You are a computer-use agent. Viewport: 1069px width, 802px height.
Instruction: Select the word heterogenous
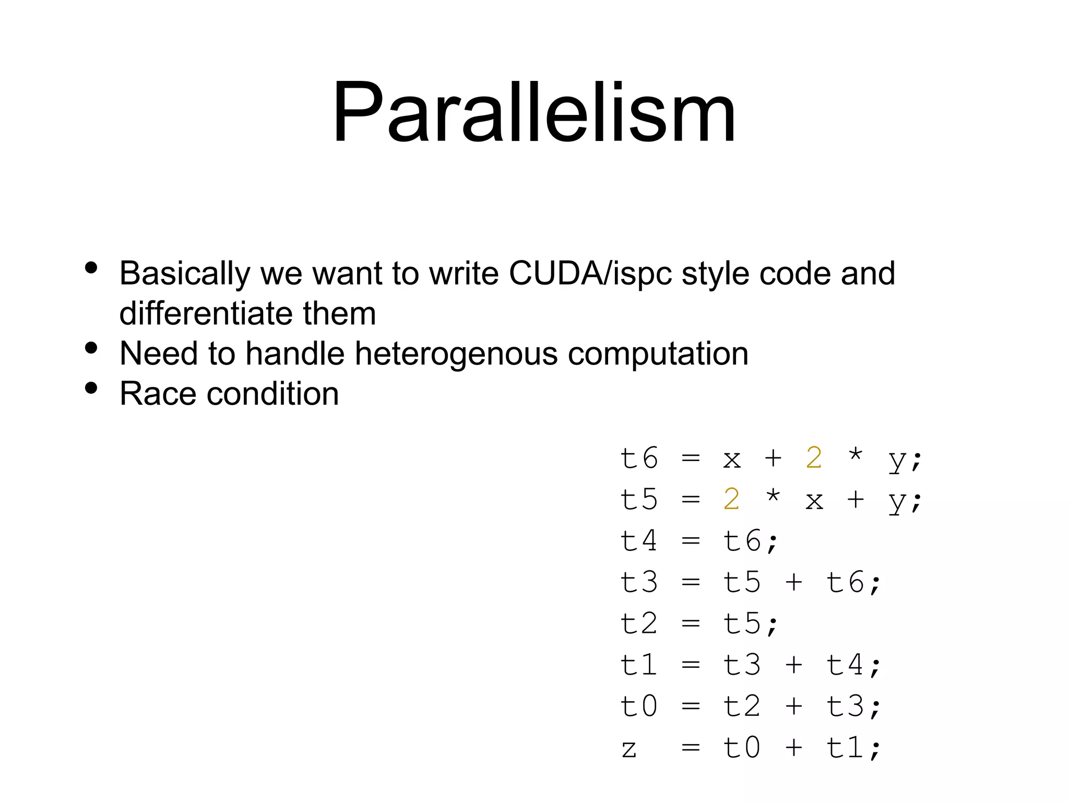tap(456, 354)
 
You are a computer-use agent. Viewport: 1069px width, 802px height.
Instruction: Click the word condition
tap(272, 394)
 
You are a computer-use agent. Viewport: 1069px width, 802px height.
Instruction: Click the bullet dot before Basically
tap(91, 268)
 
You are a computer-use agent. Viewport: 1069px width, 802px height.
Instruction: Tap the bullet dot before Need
tap(91, 348)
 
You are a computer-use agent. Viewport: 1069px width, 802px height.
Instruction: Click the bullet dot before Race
tap(91, 388)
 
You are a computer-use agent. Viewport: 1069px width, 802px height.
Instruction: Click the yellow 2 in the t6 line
tap(814, 458)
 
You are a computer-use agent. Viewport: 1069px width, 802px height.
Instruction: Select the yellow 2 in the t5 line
tap(731, 500)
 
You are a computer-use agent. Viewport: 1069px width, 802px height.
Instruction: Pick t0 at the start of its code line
tap(639, 706)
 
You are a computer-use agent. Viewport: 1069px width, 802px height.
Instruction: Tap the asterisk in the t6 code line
tap(855, 455)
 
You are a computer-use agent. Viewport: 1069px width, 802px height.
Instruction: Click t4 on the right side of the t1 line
tap(845, 665)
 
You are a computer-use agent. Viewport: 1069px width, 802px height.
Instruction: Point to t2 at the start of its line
tap(639, 623)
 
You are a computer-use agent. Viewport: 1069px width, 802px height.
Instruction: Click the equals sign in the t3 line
tap(690, 583)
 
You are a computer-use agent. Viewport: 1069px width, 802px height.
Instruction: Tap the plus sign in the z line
tap(793, 748)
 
